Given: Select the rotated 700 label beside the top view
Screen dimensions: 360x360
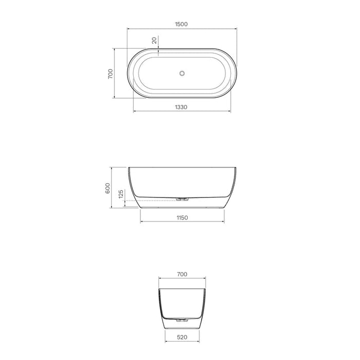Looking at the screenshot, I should [x=110, y=73].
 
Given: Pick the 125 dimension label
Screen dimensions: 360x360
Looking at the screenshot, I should [x=121, y=194].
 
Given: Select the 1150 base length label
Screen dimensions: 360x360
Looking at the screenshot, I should [x=182, y=218].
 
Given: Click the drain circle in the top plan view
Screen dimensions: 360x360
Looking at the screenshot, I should [x=182, y=74].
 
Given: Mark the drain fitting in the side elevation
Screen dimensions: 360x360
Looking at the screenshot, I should [x=182, y=199].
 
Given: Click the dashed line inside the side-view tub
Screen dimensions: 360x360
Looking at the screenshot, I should [x=154, y=199].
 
